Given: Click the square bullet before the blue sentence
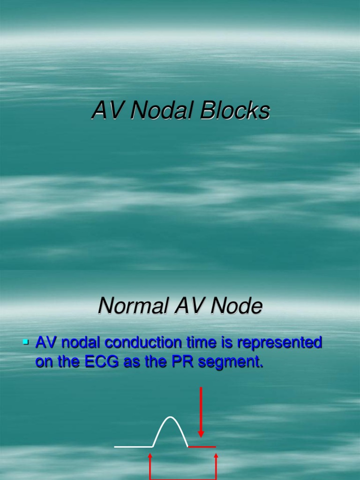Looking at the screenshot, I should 26,343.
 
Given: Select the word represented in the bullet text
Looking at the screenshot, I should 279,343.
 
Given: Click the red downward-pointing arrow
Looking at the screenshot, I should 201,412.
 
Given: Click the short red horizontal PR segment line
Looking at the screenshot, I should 202,447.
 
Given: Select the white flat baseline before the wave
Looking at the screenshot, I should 134,447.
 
